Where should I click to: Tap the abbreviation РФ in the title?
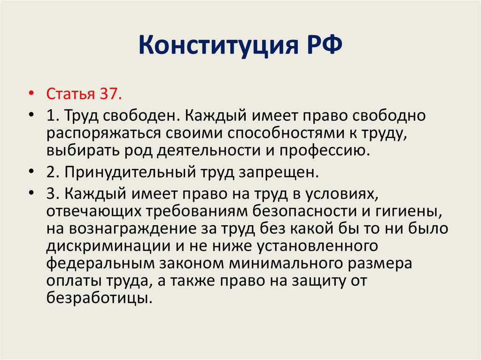click(322, 47)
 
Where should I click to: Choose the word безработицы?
click(98, 298)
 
